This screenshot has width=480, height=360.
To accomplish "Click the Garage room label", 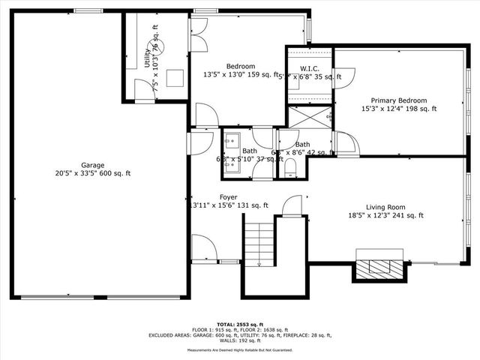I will click(93, 165).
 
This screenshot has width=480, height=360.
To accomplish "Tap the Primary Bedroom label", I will click(398, 100).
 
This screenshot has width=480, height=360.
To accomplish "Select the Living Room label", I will click(385, 207).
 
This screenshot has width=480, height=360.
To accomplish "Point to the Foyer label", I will click(229, 197).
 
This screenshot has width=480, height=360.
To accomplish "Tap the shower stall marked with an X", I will click(310, 117).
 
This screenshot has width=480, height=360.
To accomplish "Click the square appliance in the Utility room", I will click(177, 78).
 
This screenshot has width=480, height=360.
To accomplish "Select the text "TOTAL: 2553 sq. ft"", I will click(239, 324).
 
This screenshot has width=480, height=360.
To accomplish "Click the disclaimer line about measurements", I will click(239, 350).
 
